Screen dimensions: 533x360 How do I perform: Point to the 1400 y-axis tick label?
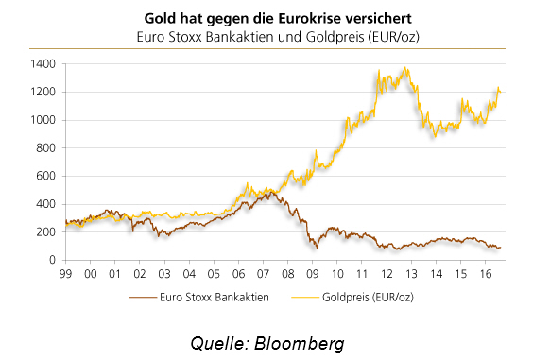[43, 64]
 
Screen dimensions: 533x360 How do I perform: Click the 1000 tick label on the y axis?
[43, 120]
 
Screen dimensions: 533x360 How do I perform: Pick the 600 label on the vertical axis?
[45, 176]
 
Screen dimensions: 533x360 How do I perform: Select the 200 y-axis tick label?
[45, 231]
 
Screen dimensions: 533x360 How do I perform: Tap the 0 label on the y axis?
[52, 260]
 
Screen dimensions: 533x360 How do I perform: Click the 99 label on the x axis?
[65, 274]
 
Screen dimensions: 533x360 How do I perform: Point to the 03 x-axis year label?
[164, 274]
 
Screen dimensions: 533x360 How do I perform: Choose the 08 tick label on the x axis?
[288, 274]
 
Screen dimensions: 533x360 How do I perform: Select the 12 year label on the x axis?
[387, 274]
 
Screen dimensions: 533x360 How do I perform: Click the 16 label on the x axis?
[486, 274]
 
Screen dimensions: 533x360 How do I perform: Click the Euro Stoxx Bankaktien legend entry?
[198, 297]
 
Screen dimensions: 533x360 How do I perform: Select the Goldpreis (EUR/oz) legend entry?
[352, 297]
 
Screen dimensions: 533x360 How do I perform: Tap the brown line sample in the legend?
[143, 298]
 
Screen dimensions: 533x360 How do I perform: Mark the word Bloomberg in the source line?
[300, 343]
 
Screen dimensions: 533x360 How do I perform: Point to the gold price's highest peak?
[404, 67]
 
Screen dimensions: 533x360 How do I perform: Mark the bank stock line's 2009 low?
[317, 248]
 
